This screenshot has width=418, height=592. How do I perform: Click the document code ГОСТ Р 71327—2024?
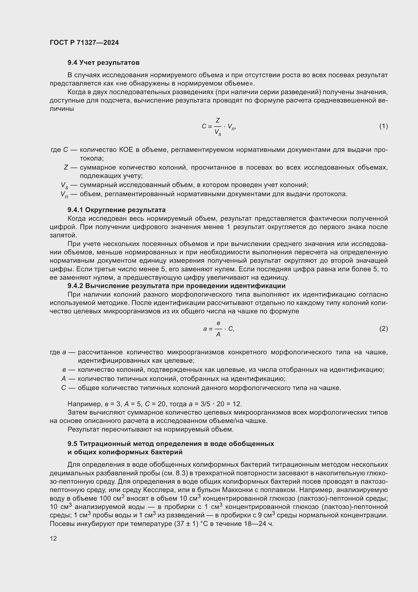[x=84, y=43]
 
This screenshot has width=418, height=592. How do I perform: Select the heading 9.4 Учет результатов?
[x=103, y=63]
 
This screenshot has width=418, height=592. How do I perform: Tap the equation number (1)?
[x=384, y=126]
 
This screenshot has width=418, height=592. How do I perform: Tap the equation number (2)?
[x=384, y=329]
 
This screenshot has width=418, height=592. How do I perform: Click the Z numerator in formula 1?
[x=218, y=120]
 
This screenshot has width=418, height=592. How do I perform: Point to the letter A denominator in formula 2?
[x=218, y=335]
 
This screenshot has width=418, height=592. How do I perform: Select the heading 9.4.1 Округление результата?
[x=116, y=210]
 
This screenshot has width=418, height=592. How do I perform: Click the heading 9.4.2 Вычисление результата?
[x=176, y=286]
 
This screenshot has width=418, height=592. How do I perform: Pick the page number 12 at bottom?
[x=53, y=538]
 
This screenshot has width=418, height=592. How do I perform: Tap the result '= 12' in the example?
[x=235, y=404]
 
